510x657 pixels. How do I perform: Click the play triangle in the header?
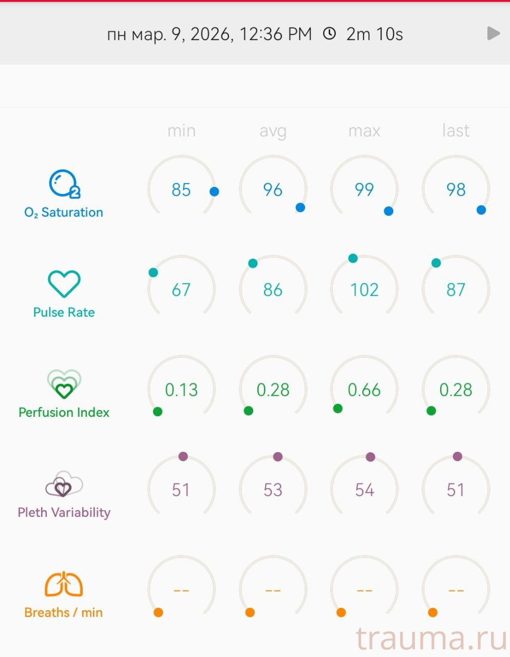(x=493, y=33)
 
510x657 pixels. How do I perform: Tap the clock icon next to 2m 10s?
(x=329, y=34)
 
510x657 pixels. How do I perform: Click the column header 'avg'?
(x=273, y=131)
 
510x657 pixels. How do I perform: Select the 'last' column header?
(x=456, y=131)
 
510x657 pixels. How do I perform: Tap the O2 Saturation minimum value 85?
(x=181, y=190)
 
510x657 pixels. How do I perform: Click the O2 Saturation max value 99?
(x=364, y=190)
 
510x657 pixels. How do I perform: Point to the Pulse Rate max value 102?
(x=364, y=290)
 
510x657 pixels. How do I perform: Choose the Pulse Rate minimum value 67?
(x=181, y=290)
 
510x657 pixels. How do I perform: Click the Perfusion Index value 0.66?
(x=364, y=390)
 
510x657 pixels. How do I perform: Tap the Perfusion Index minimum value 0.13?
(x=181, y=390)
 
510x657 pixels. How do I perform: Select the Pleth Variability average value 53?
(x=273, y=490)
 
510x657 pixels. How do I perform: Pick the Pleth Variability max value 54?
(x=364, y=490)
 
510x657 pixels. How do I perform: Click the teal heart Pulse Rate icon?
(x=64, y=284)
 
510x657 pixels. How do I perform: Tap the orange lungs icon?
(x=64, y=584)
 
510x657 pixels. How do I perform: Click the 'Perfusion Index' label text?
(x=64, y=413)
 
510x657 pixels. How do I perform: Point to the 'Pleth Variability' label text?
(x=64, y=513)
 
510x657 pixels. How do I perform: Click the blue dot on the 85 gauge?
(x=214, y=191)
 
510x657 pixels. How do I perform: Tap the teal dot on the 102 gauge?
(x=353, y=258)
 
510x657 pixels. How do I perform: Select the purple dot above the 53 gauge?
(x=278, y=457)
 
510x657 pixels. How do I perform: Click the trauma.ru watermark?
(x=431, y=639)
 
